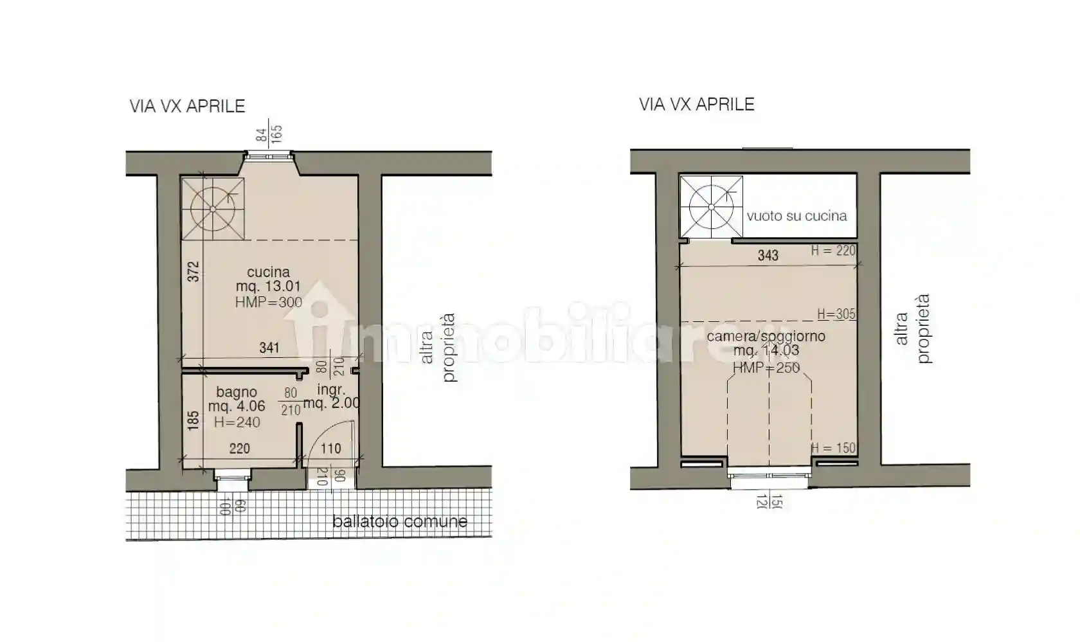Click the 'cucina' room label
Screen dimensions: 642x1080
[268, 272]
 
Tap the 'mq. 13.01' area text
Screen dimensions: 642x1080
[268, 287]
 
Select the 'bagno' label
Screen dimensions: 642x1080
[237, 392]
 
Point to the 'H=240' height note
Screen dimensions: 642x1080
[237, 422]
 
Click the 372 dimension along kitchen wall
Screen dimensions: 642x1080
[193, 271]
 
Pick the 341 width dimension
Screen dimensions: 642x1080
[269, 348]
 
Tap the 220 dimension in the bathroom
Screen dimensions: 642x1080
[239, 449]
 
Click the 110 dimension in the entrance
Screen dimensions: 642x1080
[330, 449]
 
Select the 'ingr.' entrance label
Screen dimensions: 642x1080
[331, 389]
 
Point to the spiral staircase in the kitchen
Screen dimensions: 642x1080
[213, 209]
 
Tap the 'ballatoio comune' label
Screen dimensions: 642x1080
[399, 521]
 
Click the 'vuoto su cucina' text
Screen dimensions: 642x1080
[797, 216]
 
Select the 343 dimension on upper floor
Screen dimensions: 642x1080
[768, 255]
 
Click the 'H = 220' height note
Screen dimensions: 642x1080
[833, 251]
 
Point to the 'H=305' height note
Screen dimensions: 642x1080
[836, 314]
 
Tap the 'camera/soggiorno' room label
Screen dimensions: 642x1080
[766, 336]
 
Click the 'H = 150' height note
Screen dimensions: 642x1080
[833, 448]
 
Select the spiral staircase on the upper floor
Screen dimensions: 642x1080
[711, 207]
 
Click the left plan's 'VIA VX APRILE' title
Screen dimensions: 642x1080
[187, 106]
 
